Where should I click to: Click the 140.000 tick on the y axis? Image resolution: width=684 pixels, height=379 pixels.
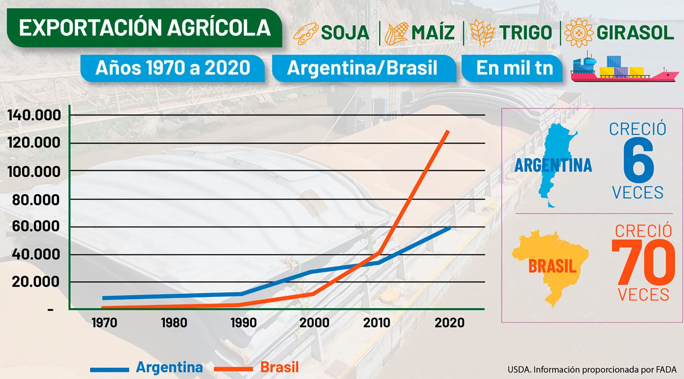(34, 115)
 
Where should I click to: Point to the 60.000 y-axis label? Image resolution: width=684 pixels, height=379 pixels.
(36, 226)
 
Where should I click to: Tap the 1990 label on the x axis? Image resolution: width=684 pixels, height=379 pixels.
(244, 323)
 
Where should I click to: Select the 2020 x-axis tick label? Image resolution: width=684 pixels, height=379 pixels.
(449, 323)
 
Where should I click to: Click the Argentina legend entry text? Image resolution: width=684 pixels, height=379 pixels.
(169, 367)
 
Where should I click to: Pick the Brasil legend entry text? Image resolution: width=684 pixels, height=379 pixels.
(279, 367)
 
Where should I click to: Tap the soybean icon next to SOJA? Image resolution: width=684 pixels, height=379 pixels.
(305, 33)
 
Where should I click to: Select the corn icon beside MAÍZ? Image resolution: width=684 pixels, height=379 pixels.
(396, 33)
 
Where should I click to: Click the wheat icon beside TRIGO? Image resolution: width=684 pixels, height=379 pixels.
(482, 33)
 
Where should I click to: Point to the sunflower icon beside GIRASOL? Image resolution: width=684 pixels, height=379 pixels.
(579, 33)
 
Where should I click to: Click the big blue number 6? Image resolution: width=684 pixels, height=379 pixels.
(638, 160)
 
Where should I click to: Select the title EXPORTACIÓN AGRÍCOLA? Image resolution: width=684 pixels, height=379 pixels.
(145, 28)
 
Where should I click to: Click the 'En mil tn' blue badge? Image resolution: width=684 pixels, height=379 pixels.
(514, 68)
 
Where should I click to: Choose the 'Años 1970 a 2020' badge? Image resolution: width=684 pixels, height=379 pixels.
(173, 68)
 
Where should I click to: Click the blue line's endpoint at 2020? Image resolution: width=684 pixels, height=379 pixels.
(450, 227)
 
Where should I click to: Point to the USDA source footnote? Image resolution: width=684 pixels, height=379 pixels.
(592, 369)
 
